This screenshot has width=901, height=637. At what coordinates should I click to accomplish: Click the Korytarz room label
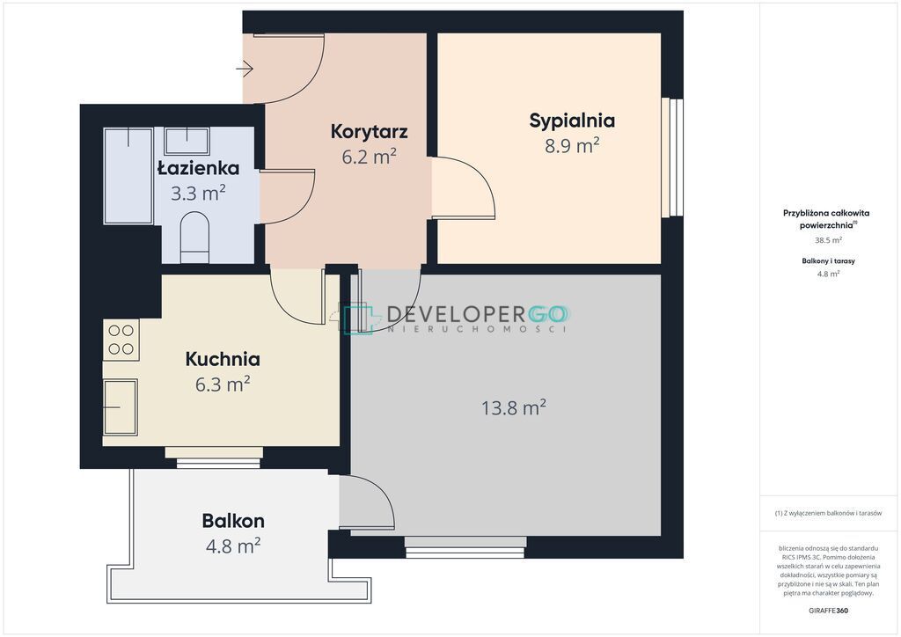[369, 132]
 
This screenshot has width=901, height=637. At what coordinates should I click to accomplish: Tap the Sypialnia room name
[572, 121]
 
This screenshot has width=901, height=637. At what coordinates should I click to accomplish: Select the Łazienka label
[198, 168]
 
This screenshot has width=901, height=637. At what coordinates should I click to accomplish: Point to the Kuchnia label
[223, 359]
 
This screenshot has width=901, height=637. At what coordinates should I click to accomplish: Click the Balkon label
[233, 521]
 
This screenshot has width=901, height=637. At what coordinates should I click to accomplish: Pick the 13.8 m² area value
[513, 408]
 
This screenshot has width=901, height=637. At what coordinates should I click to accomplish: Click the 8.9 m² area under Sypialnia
[572, 146]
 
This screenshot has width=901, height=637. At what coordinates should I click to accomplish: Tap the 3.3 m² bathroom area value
[198, 193]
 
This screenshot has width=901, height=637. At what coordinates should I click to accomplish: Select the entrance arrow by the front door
[245, 69]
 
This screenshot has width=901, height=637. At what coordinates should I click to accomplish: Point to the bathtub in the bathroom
[128, 176]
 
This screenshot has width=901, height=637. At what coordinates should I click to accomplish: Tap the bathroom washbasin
[187, 142]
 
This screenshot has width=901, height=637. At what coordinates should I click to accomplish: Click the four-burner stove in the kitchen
[121, 340]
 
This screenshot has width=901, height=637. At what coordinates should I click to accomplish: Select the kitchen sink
[120, 407]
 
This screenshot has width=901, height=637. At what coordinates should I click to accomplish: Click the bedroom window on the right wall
[671, 158]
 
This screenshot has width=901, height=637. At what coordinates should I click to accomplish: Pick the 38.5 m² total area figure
[828, 241]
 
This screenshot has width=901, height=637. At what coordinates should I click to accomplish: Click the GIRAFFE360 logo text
[828, 611]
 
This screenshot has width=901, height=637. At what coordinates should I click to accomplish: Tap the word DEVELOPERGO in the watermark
[476, 314]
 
